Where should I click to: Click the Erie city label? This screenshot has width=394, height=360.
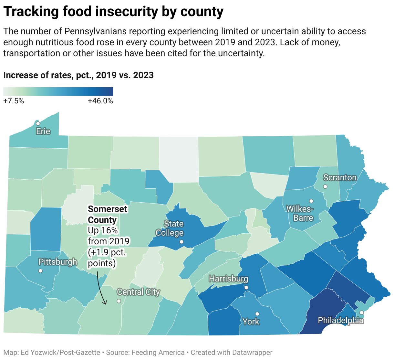tap(43, 131)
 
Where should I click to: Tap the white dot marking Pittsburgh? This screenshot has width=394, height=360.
tap(40, 271)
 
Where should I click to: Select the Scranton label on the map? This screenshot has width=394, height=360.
tap(340, 177)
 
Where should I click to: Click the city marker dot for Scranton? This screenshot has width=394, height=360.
tap(325, 186)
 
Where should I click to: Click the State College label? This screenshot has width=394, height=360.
tap(170, 228)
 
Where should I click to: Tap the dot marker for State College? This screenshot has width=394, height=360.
tap(181, 242)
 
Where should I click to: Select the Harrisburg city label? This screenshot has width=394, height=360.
tap(228, 279)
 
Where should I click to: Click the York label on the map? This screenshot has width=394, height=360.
tap(251, 322)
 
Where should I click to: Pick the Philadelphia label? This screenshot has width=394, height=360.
tap(340, 320)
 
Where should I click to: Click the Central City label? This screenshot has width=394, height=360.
tap(138, 292)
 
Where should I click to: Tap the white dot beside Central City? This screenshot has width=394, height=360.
tap(119, 301)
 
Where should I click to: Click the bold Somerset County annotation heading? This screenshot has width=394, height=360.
tap(108, 214)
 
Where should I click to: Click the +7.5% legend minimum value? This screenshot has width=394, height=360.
tap(14, 101)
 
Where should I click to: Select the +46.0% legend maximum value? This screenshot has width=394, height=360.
tap(100, 101)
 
